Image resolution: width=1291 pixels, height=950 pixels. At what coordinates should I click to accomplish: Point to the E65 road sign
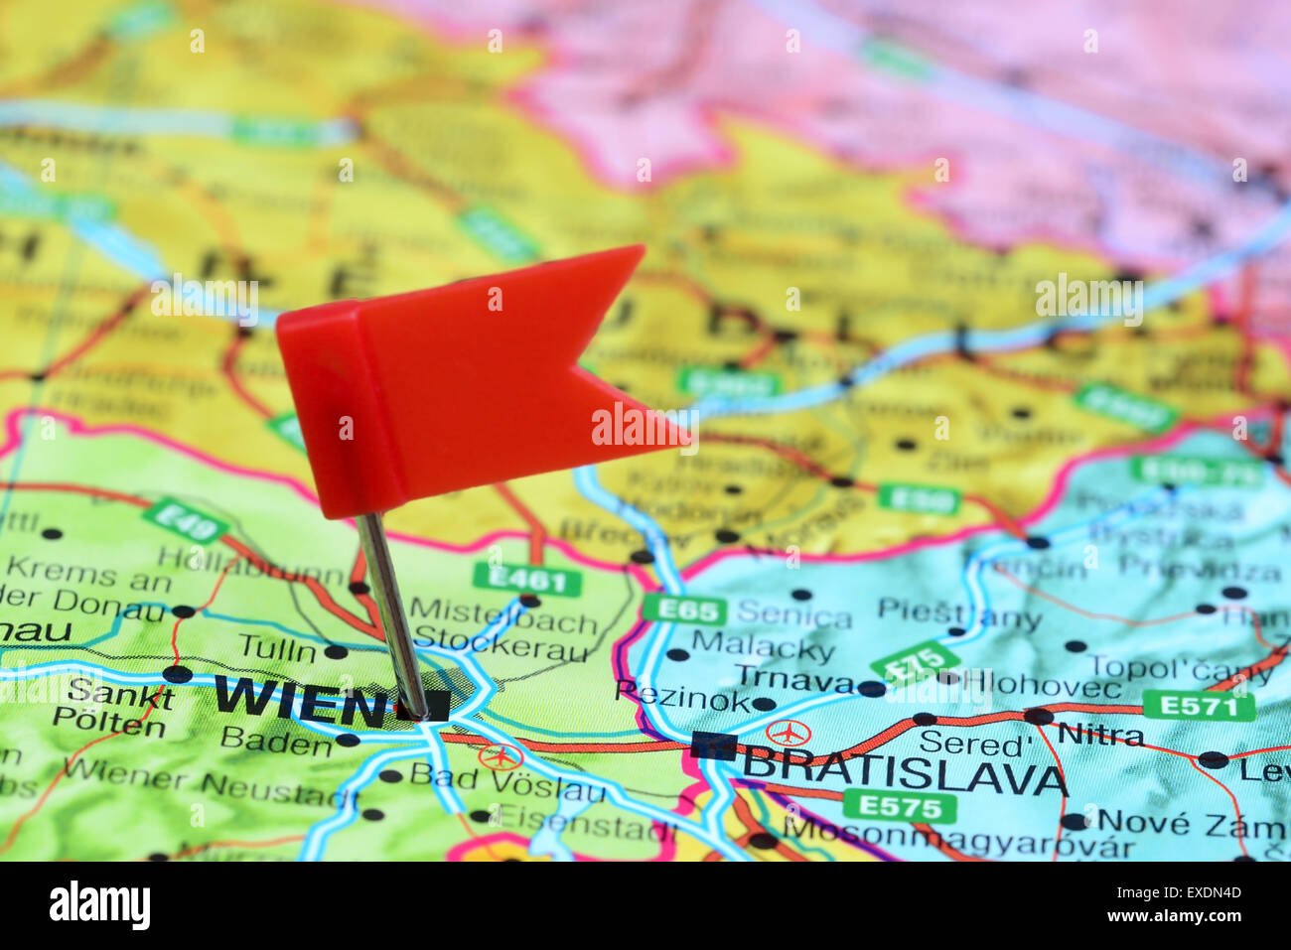(684, 609)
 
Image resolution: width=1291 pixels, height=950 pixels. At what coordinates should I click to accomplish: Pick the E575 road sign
(900, 806)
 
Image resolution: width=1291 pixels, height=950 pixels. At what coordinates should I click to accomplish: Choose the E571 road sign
(1198, 706)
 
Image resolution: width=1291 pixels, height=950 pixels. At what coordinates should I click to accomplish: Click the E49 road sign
(186, 520)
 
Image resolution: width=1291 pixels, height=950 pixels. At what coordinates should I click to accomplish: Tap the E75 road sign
(915, 663)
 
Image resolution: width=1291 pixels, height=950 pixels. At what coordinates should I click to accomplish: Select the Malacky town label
(762, 649)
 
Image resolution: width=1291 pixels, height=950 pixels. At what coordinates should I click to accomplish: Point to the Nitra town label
(1100, 735)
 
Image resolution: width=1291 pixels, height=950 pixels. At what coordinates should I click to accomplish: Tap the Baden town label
(275, 740)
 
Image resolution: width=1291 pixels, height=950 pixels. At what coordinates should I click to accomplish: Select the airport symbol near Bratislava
(788, 734)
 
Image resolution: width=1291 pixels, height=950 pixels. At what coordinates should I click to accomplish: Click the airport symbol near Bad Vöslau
(500, 756)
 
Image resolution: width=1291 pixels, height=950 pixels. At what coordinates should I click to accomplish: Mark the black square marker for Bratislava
(714, 746)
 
